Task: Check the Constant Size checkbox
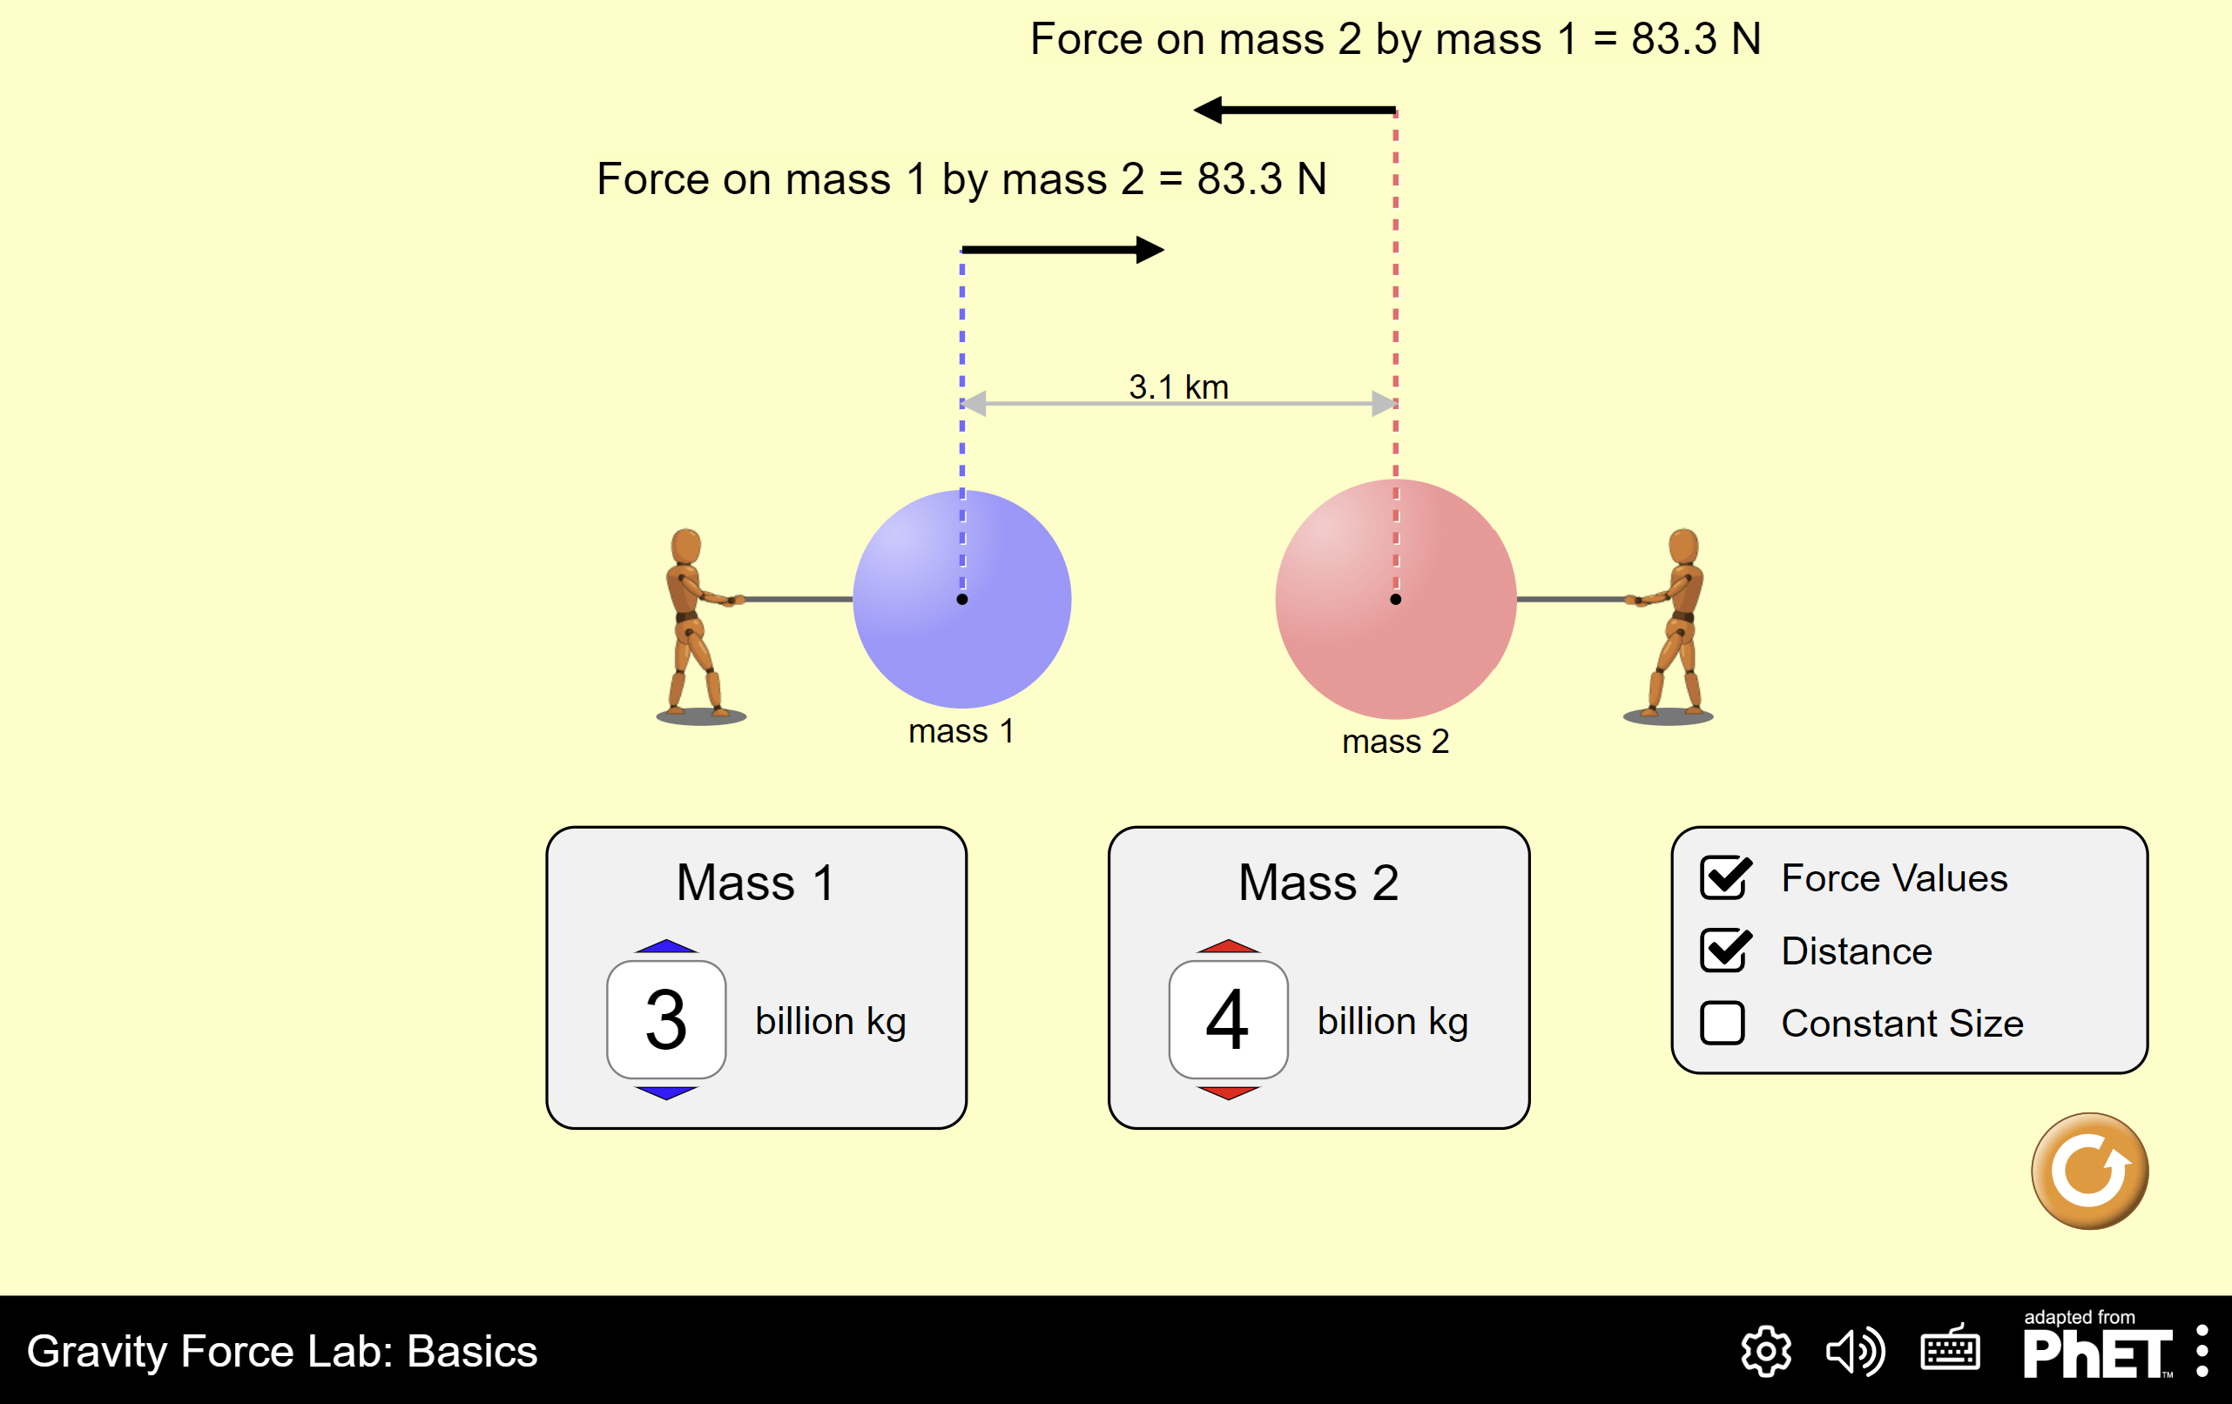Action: coord(1723,1023)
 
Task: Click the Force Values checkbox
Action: coord(1724,878)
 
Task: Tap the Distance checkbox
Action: coord(1724,951)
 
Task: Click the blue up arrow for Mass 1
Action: coord(665,947)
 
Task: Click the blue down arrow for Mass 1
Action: coord(665,1092)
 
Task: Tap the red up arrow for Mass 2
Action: coord(1228,947)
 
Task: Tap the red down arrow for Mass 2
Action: coord(1228,1092)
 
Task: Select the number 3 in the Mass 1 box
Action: coord(665,1019)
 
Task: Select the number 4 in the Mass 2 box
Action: coord(1228,1019)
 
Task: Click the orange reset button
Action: coord(2089,1172)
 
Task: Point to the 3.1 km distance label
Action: coord(1178,387)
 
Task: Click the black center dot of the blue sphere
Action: coord(962,600)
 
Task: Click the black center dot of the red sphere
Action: coord(1396,600)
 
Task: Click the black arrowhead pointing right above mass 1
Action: coord(1150,250)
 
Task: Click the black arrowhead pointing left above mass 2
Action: coord(1208,111)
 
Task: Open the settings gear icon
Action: coord(1766,1352)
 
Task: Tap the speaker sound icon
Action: coord(1855,1352)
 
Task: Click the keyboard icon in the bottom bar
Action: coord(1950,1352)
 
